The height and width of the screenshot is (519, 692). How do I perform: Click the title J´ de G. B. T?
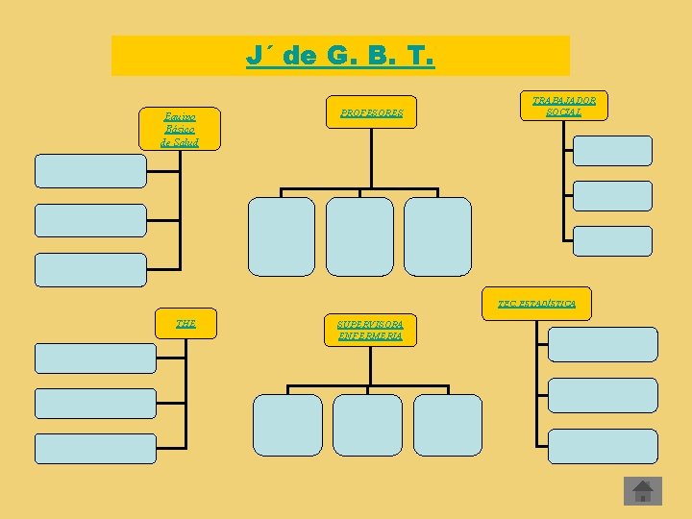point(340,57)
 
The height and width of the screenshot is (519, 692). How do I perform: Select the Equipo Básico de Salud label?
point(181,130)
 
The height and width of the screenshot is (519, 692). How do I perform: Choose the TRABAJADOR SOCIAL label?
point(563,107)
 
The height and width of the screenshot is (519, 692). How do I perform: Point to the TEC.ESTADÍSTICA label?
point(536,304)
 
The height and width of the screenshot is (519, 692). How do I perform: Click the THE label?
point(185,323)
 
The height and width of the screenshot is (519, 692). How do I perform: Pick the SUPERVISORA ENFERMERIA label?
point(370,330)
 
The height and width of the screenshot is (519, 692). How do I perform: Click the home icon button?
point(643,491)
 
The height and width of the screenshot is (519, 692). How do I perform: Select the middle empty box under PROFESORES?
point(359,236)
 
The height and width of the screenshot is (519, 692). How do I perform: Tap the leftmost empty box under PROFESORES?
point(282,236)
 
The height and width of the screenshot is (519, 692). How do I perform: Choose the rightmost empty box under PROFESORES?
point(437,236)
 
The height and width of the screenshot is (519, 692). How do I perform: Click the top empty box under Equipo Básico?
point(90,170)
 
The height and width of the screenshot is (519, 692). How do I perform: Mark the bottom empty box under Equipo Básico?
point(90,270)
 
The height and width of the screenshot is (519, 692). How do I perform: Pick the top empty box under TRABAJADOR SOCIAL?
point(612,151)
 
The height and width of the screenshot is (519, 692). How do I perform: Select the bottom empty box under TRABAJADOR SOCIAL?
point(612,241)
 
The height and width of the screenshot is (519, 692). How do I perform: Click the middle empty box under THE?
point(95,403)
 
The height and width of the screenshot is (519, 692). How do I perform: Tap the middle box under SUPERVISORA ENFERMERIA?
point(367,425)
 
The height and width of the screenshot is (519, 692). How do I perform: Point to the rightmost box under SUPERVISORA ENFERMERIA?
point(448,425)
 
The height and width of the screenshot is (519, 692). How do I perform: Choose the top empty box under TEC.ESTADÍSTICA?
point(604,344)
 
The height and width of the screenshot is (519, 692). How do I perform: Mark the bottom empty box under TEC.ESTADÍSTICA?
point(604,446)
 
